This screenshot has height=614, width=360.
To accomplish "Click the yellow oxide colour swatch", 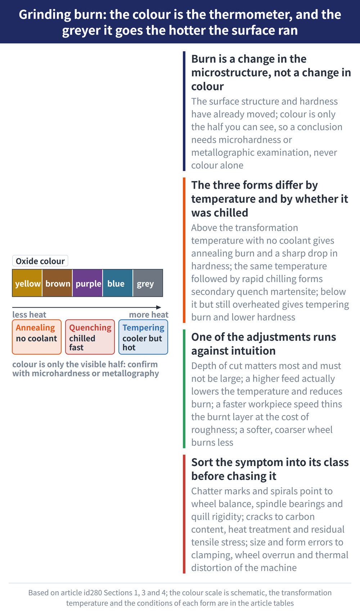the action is [27, 283].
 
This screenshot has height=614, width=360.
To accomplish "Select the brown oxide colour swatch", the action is [57, 283].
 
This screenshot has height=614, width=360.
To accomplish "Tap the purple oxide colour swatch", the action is [88, 283].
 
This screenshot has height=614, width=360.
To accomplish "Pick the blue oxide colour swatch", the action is [118, 283].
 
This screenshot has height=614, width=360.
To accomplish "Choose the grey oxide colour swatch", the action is [148, 283].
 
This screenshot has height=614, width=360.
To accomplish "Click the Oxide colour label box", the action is [40, 261].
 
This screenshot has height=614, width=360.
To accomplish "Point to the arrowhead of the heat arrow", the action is [159, 308].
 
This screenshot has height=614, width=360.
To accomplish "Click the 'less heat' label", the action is [29, 315].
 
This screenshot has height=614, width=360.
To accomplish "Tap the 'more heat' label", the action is [149, 315].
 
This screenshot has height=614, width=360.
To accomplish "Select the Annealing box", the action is [37, 337].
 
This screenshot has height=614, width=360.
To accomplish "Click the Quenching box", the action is [90, 337].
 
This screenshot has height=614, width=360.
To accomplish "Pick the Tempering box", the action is [143, 337].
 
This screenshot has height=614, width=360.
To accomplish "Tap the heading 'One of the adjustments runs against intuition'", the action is [264, 344].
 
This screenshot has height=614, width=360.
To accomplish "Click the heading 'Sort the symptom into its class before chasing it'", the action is [270, 469].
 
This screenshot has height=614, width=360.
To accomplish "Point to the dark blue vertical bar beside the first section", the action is [184, 111].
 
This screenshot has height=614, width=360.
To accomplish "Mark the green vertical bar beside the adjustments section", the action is [184, 389].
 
